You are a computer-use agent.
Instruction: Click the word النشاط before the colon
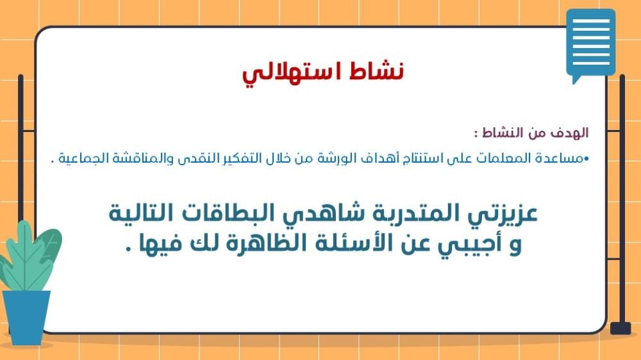coord(503,133)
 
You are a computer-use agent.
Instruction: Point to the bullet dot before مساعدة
coord(587,158)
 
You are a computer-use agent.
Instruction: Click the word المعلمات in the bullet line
coord(487,158)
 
